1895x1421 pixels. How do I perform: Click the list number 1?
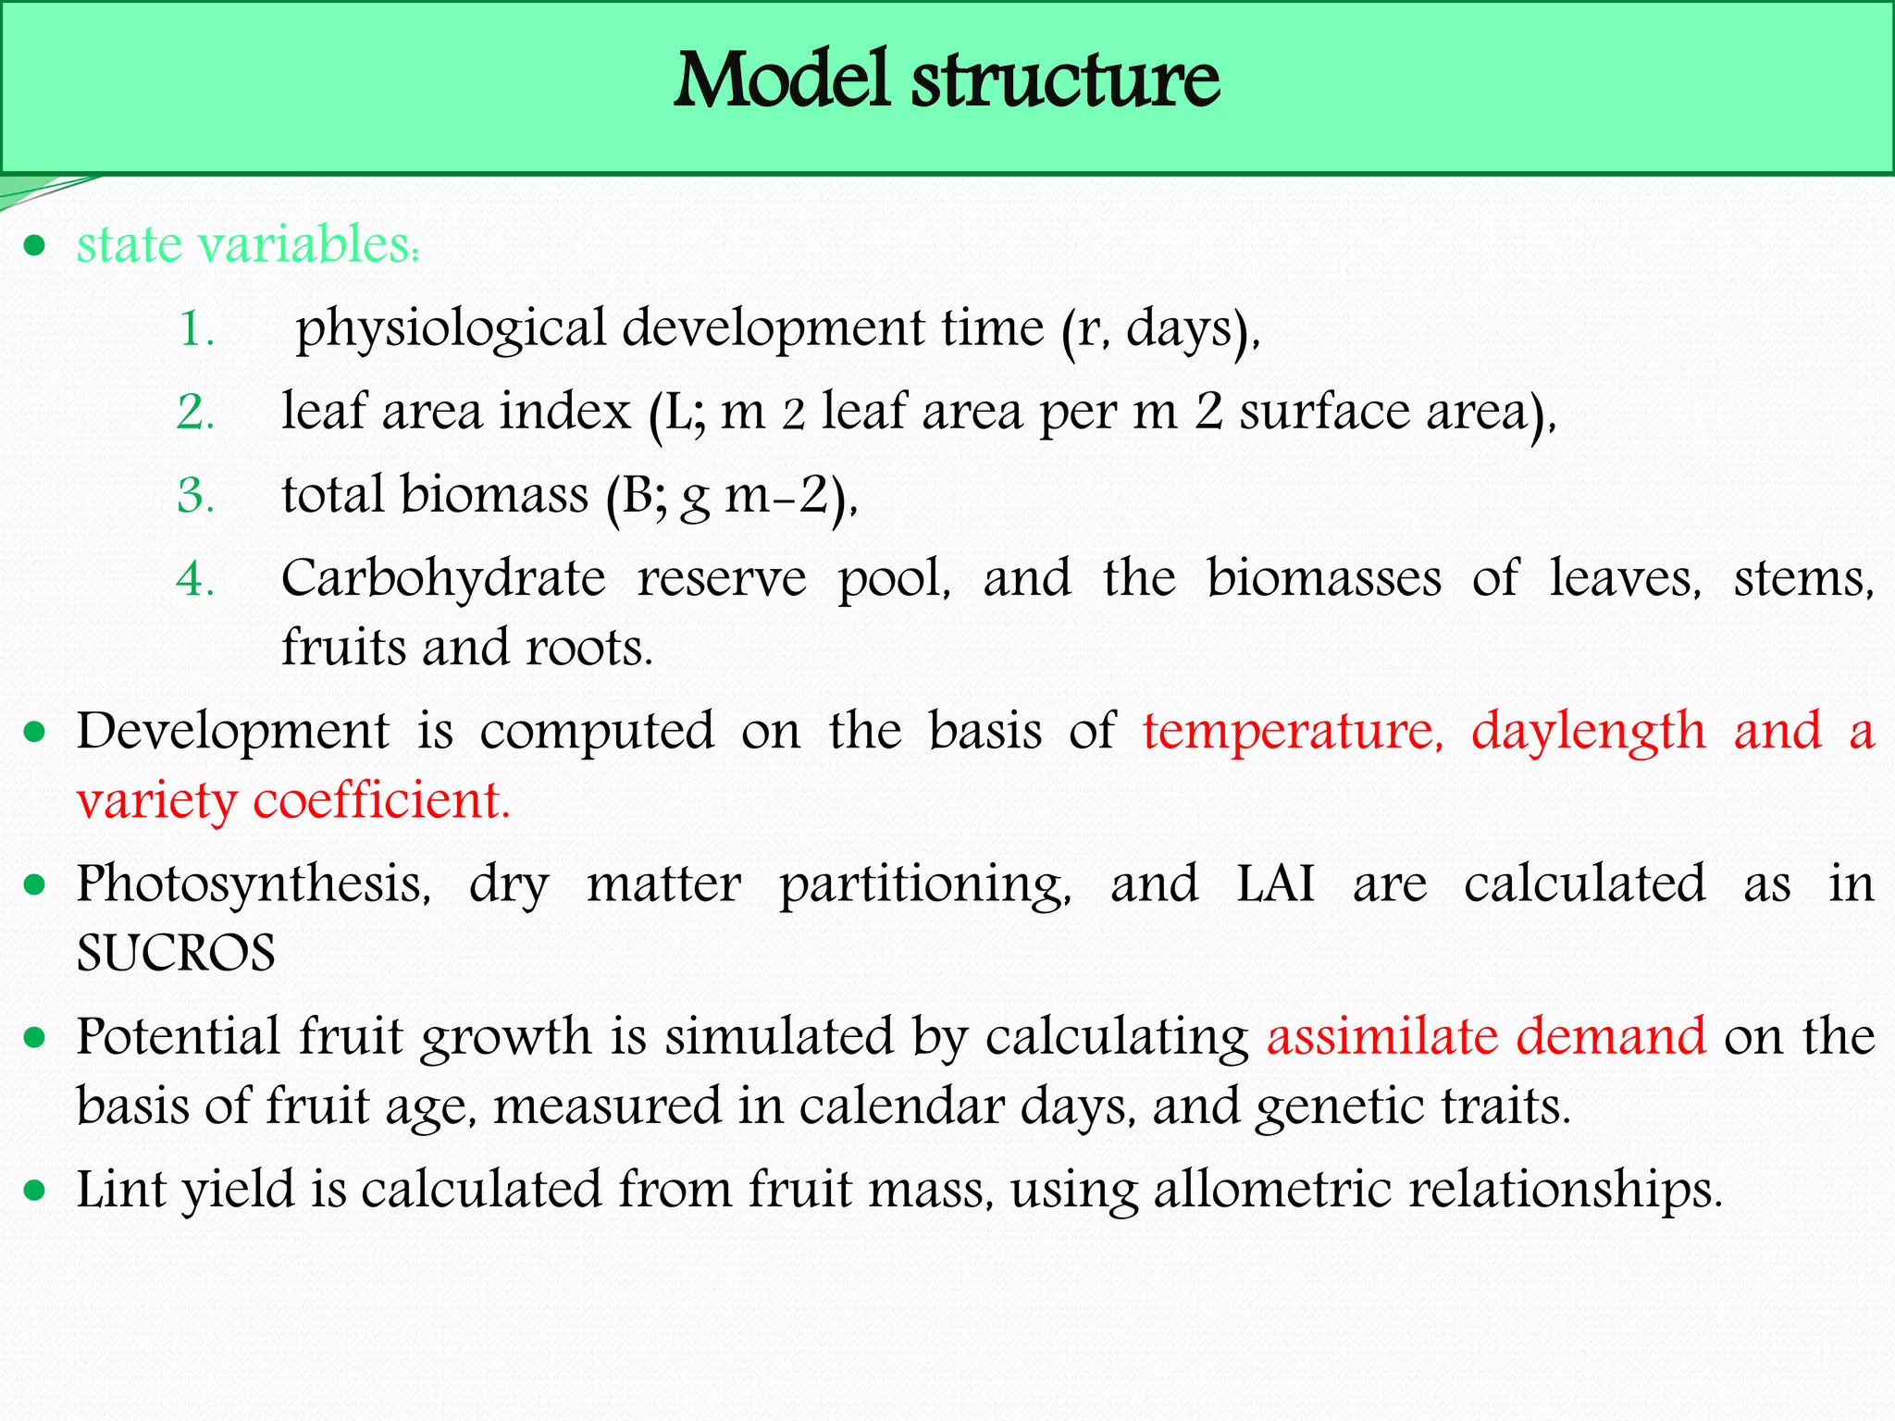point(195,329)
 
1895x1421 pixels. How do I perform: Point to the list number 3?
point(195,496)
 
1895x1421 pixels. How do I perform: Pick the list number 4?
point(195,579)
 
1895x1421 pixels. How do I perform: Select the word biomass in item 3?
point(494,495)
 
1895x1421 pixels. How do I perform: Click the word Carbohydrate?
point(443,579)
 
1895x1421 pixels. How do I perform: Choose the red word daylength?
point(1588,731)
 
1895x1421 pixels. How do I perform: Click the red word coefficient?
point(381,800)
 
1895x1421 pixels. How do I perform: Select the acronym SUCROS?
point(176,953)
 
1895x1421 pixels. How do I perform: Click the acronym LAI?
point(1275,883)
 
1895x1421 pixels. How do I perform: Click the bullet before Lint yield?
point(35,1190)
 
